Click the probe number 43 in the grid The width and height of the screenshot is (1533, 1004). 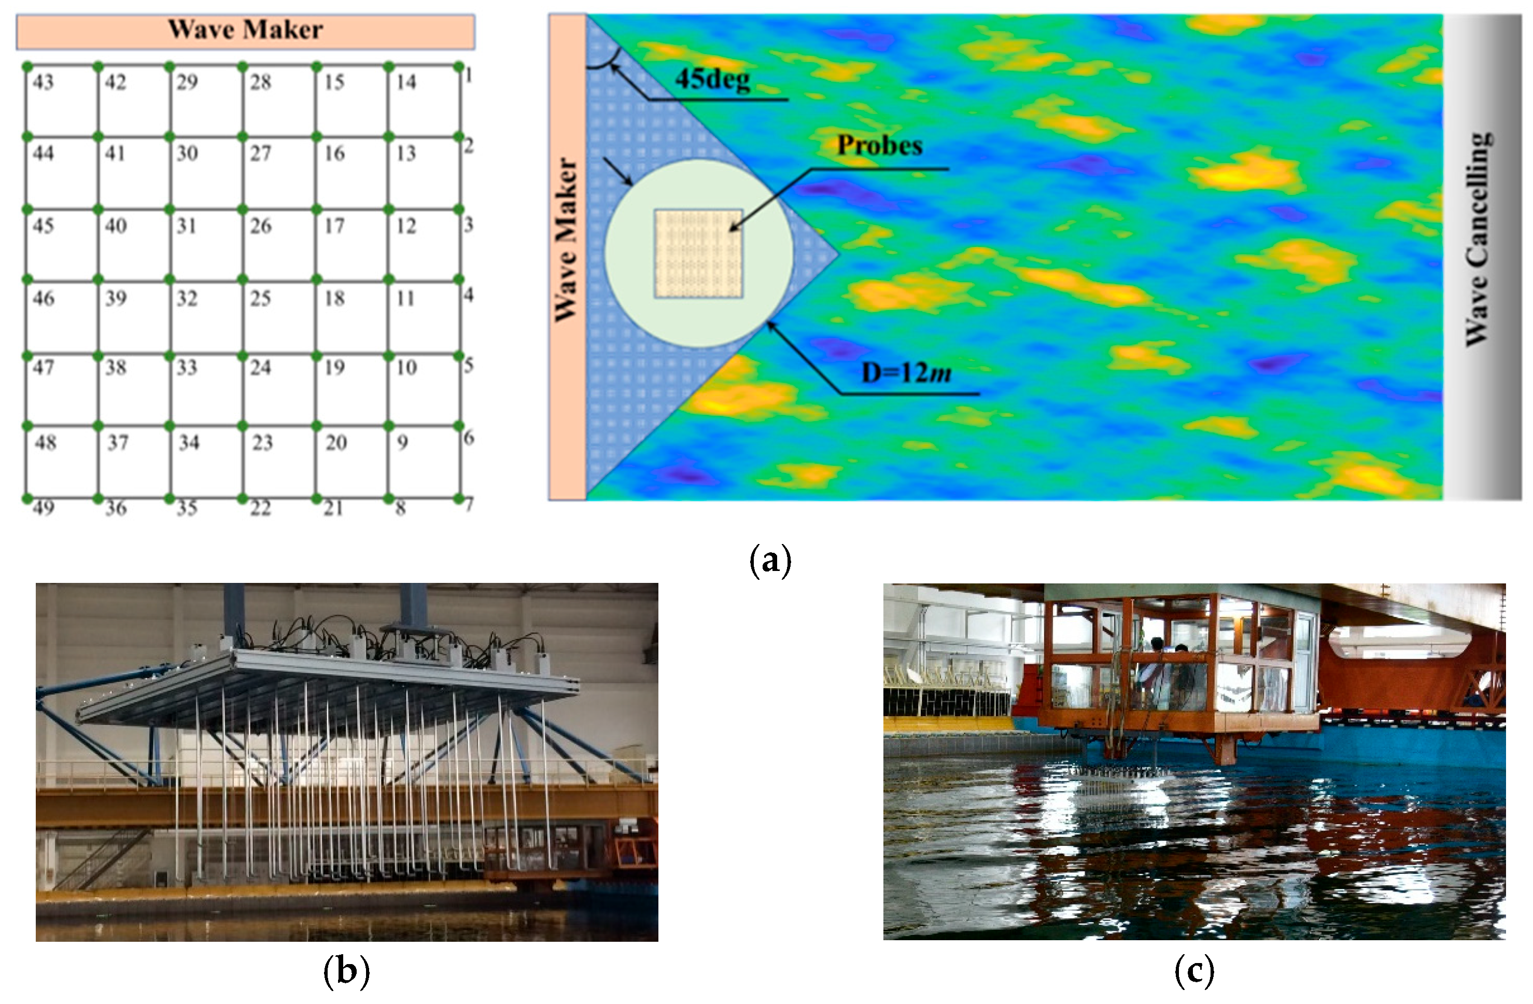click(x=43, y=82)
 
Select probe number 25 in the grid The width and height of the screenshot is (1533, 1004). click(x=260, y=298)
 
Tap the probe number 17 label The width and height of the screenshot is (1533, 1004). click(x=334, y=226)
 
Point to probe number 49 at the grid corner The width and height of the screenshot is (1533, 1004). click(x=43, y=508)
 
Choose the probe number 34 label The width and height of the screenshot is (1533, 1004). click(x=189, y=443)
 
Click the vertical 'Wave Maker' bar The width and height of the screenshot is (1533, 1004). click(x=567, y=257)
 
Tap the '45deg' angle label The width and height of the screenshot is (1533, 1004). click(x=712, y=79)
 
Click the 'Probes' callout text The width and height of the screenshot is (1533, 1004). click(x=879, y=146)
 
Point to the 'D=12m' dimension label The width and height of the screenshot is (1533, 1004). click(x=906, y=372)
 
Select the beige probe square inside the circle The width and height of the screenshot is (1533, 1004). click(x=698, y=253)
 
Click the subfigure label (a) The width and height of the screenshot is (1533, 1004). click(x=770, y=560)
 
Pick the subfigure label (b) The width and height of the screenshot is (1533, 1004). click(x=346, y=970)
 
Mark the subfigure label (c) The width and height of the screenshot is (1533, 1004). click(x=1194, y=969)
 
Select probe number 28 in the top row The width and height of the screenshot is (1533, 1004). click(x=260, y=82)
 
